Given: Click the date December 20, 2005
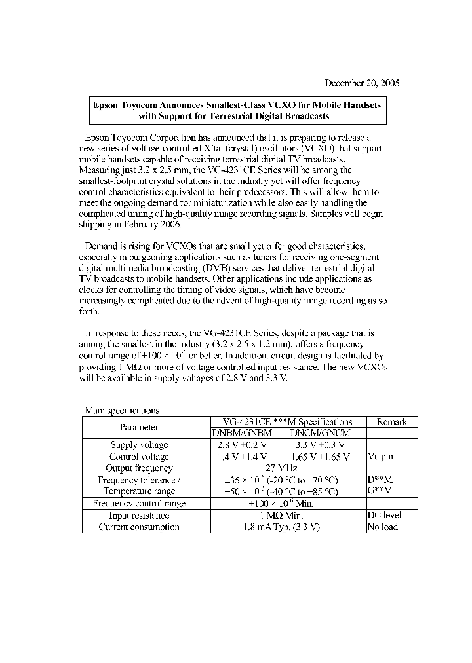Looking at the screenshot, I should [x=362, y=83].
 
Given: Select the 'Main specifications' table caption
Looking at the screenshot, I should [x=122, y=411].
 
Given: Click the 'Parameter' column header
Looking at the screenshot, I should [x=139, y=427].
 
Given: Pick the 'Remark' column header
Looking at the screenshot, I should [x=391, y=422].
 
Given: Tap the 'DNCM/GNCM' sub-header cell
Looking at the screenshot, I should [x=326, y=433].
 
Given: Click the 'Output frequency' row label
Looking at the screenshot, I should [x=139, y=468].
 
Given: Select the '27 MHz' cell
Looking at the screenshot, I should [x=281, y=468].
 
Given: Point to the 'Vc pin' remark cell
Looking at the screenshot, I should [x=381, y=457].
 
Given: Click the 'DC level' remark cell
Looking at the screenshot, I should [x=384, y=515].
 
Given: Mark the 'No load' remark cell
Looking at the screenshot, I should [x=383, y=527].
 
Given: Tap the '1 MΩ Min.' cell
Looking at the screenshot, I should [x=281, y=516].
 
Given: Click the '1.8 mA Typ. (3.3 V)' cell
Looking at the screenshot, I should [x=281, y=527].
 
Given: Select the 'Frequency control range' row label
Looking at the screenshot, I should [x=139, y=503].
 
